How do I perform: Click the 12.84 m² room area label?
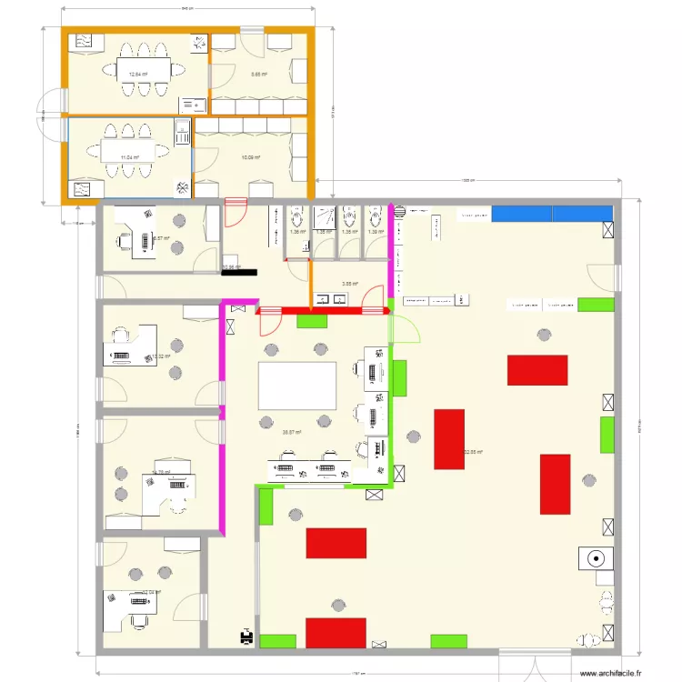tap(138, 75)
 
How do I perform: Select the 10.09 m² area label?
tap(251, 157)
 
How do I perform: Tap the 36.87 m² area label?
tap(292, 433)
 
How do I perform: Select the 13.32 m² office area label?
tap(161, 356)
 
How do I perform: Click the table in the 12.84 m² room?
tap(143, 68)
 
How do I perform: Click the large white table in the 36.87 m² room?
tap(297, 386)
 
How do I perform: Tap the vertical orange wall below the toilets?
tap(311, 285)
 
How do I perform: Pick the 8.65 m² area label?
tap(259, 75)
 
